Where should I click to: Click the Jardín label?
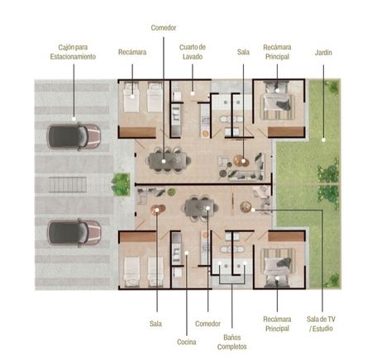[x=323, y=52]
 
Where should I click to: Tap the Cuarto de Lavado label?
[x=193, y=52]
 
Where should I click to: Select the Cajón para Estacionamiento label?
[x=73, y=52]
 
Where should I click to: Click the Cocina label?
[x=187, y=342]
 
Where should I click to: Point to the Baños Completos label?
[x=231, y=342]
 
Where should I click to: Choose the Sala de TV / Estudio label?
[x=321, y=324]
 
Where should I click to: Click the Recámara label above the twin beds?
[x=132, y=52]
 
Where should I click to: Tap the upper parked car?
[x=74, y=136]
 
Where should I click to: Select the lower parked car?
[x=74, y=233]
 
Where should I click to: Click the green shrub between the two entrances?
[x=121, y=184]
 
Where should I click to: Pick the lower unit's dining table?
[x=200, y=207]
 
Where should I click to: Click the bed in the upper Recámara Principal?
[x=277, y=100]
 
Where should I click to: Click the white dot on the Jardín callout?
[x=323, y=140]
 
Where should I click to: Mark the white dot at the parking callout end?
[x=74, y=119]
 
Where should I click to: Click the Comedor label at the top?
[x=164, y=27]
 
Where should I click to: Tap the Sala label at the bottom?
[x=155, y=324]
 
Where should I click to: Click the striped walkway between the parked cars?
[x=68, y=185]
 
